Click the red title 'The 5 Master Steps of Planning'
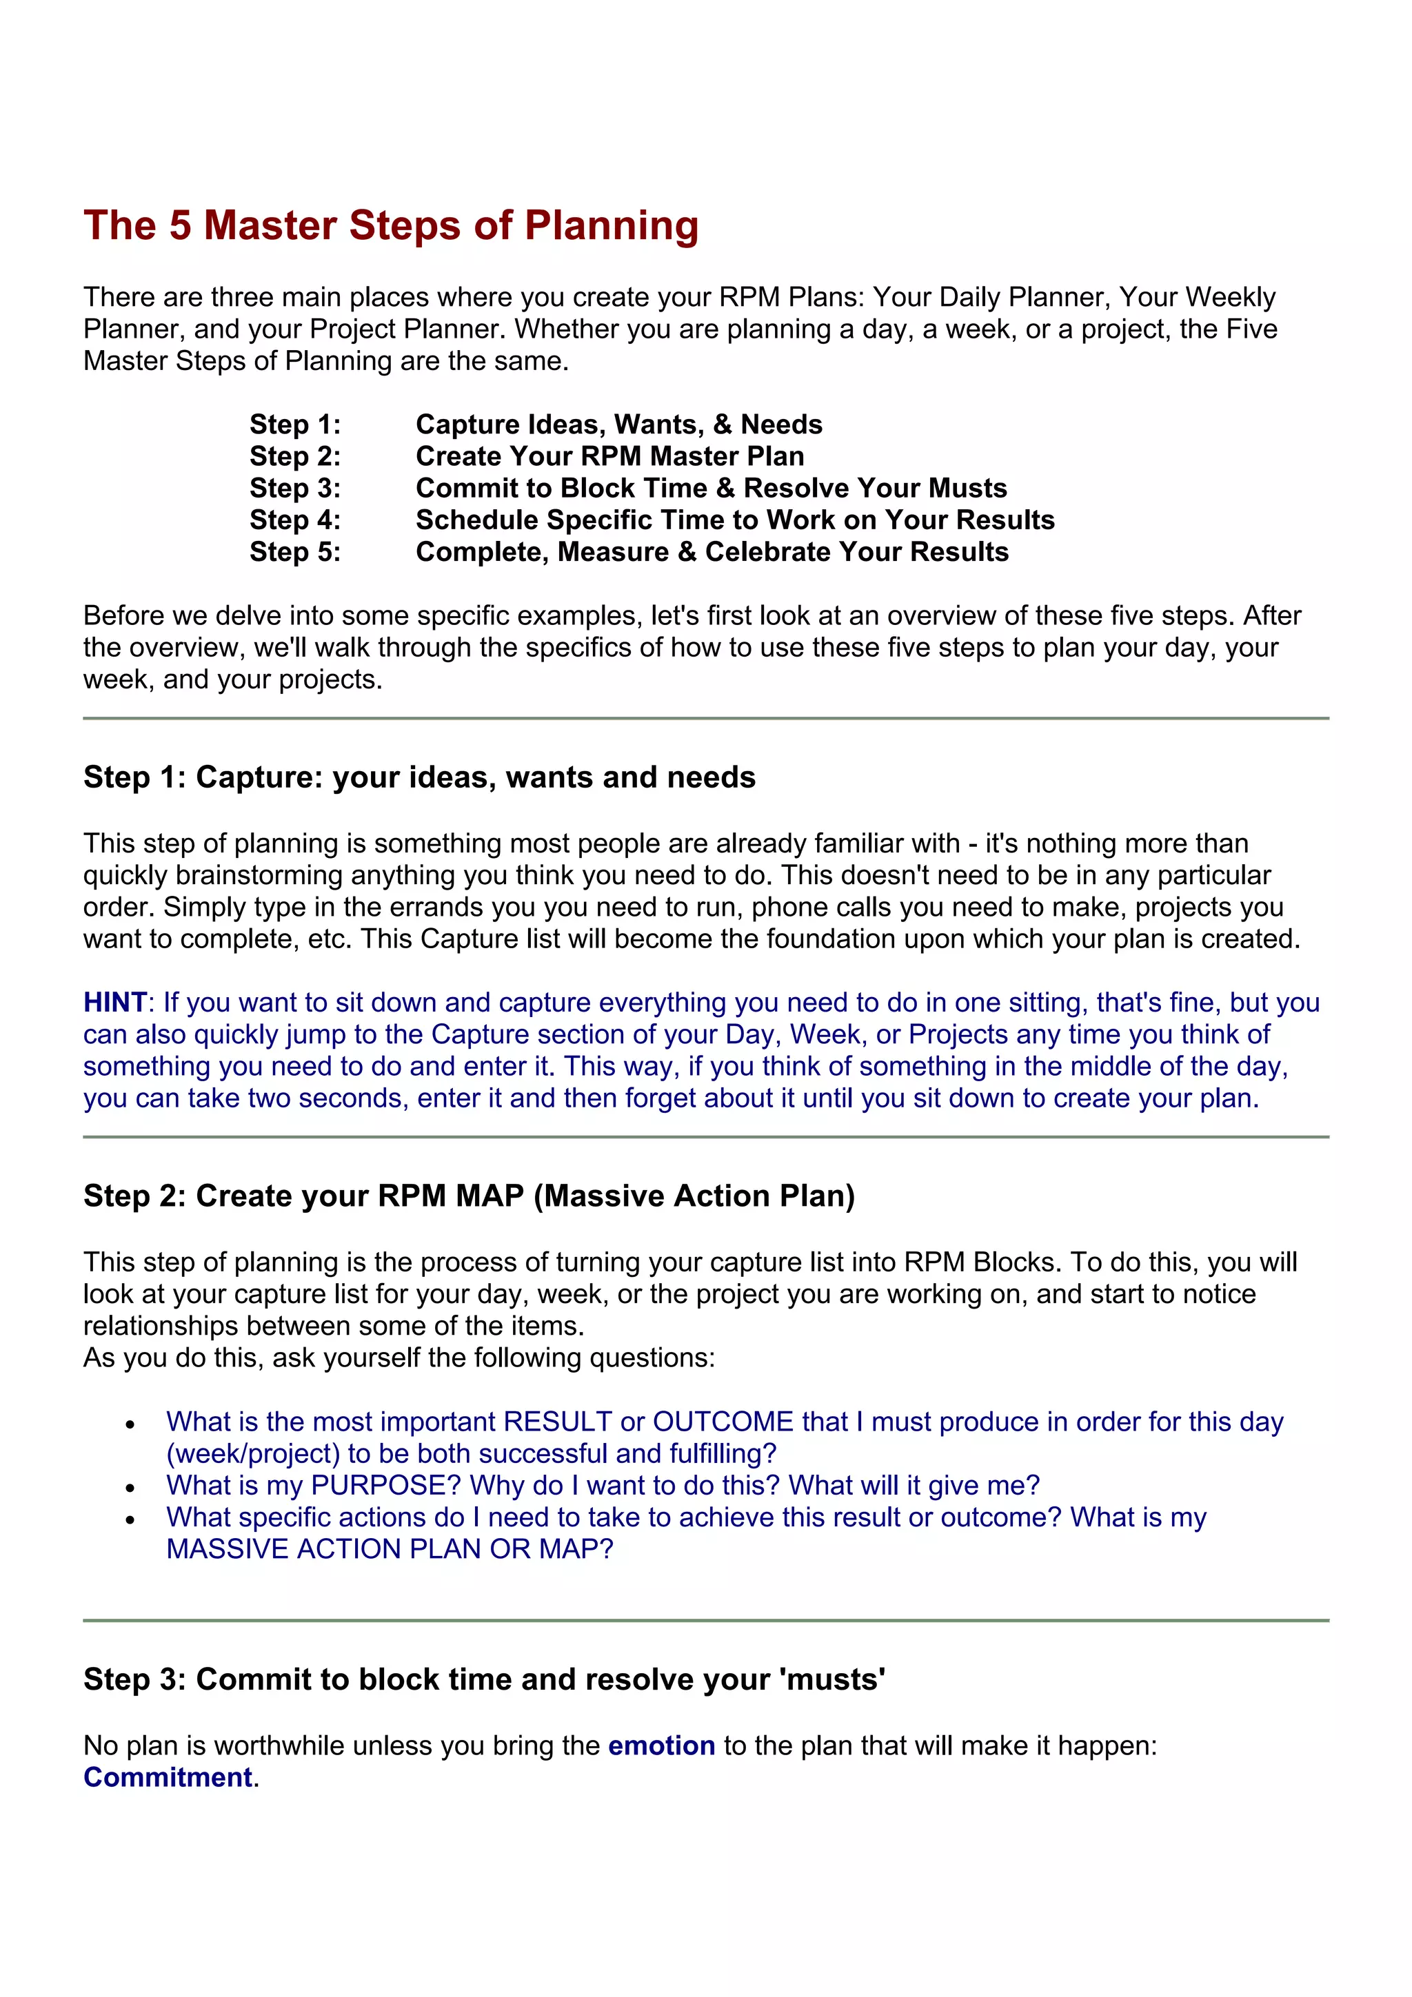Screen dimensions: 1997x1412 click(391, 225)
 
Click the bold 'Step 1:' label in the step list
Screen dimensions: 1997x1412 click(295, 424)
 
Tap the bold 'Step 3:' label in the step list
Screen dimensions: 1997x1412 click(295, 488)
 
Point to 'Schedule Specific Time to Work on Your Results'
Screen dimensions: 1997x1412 click(734, 520)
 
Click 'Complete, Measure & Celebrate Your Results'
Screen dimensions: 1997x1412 click(712, 551)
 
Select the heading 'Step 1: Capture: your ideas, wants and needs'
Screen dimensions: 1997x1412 click(419, 777)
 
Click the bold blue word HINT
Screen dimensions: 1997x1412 click(114, 1002)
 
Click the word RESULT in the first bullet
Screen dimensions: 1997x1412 click(558, 1421)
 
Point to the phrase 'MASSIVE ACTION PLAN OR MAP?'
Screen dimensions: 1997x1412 click(390, 1548)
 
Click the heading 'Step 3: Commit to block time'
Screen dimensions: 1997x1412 click(484, 1679)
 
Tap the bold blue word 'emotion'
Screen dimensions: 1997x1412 click(661, 1745)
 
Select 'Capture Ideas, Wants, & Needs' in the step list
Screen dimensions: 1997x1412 click(618, 424)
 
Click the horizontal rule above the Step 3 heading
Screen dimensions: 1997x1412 click(705, 1620)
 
